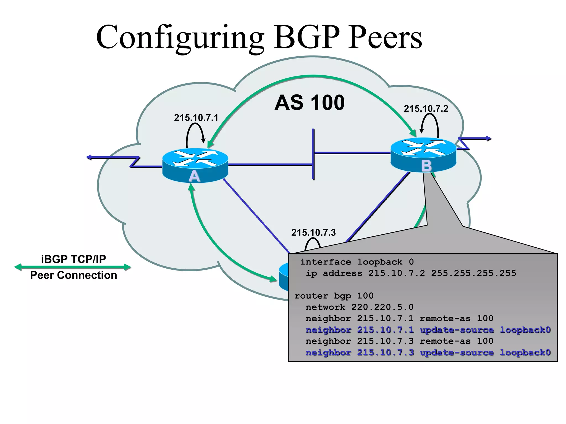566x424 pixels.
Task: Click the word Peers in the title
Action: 385,37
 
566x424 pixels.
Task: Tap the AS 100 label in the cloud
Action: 310,103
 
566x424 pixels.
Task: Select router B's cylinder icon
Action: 423,155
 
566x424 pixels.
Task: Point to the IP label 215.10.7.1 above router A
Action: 196,118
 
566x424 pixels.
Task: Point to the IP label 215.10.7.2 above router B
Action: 426,109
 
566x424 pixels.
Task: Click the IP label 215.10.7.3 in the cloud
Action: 313,233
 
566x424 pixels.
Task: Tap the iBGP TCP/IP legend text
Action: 74,259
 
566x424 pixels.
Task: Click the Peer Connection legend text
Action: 74,275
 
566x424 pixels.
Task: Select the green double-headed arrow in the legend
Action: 72,267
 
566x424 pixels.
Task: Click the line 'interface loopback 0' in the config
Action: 357,262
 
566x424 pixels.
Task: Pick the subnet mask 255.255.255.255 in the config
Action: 473,273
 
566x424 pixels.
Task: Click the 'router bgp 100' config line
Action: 334,296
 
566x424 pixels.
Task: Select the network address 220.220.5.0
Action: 382,307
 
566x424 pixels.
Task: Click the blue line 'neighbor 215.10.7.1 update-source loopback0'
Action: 428,330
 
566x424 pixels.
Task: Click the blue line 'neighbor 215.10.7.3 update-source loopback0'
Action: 428,353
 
